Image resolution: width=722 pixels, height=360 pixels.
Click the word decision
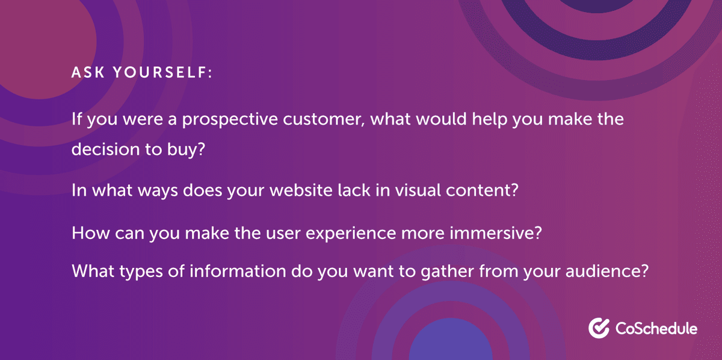[x=104, y=150]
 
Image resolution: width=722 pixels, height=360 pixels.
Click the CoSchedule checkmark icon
[x=599, y=328]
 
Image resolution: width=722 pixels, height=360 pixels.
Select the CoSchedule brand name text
[x=656, y=329]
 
